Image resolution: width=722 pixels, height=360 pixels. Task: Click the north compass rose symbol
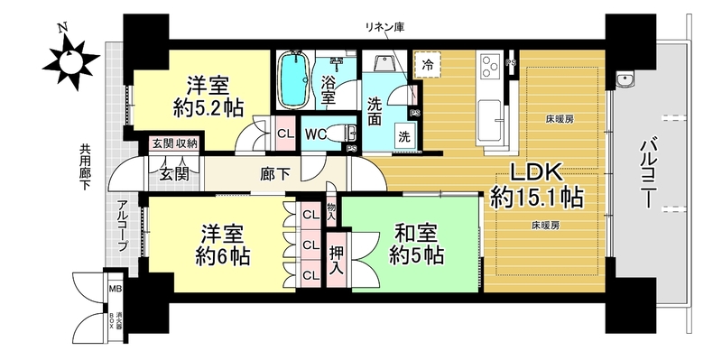70,58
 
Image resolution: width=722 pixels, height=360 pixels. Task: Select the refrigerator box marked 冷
428,64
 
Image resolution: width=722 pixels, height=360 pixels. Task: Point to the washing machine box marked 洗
403,136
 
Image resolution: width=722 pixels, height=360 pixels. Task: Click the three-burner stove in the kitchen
491,67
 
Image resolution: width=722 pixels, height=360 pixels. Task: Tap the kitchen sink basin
490,122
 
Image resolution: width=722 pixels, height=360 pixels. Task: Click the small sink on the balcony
625,79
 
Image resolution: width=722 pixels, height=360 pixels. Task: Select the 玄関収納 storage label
174,143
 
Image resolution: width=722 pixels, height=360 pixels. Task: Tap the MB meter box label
115,290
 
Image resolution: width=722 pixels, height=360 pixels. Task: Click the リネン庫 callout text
385,27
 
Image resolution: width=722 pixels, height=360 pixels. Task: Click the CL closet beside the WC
286,134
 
